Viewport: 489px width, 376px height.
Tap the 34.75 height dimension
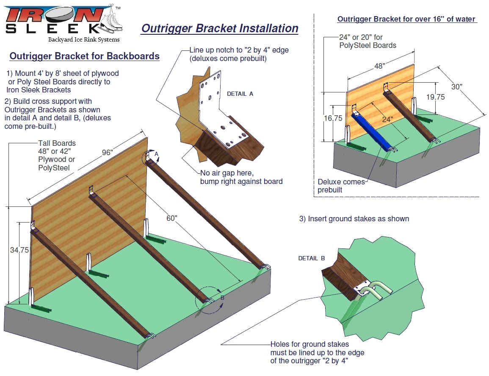click(x=19, y=250)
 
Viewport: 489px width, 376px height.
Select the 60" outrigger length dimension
click(x=171, y=218)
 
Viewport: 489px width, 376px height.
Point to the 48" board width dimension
click(x=379, y=66)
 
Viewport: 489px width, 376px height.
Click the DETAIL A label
click(x=240, y=94)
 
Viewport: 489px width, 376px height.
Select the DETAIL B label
click(x=311, y=258)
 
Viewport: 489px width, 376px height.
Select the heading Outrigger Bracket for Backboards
click(x=84, y=56)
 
